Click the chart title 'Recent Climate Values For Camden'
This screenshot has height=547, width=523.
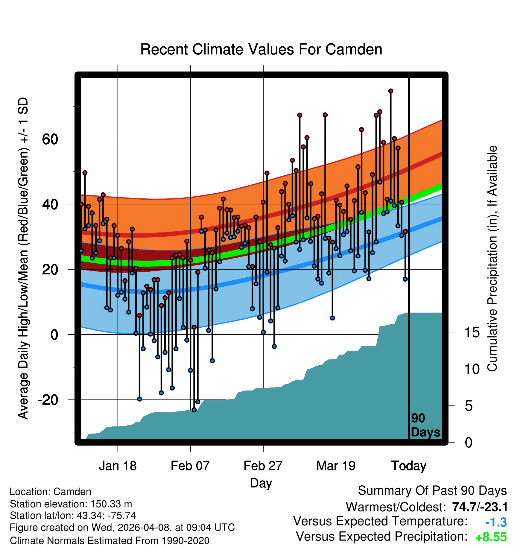[261, 49]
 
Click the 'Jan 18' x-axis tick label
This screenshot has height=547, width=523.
[118, 466]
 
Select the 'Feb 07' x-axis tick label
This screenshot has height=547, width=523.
[190, 466]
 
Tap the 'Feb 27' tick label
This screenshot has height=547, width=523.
[263, 466]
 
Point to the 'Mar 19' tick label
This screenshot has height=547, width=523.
[336, 466]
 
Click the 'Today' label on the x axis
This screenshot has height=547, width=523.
[409, 466]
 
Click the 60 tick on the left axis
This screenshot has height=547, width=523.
[50, 139]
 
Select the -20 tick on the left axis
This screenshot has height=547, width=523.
[48, 400]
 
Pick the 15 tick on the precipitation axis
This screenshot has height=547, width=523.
[472, 332]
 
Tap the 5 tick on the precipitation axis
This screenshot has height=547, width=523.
[469, 406]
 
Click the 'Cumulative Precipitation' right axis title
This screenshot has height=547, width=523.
[492, 259]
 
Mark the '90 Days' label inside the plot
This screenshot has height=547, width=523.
[425, 425]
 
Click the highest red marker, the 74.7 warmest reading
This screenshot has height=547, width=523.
[390, 91]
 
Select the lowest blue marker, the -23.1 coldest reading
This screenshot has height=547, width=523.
[194, 410]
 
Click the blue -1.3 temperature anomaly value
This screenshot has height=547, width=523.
[496, 522]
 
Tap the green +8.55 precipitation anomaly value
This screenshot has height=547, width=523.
[491, 537]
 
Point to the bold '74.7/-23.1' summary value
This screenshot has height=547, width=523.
[480, 507]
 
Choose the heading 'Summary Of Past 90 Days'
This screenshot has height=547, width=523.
[432, 491]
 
